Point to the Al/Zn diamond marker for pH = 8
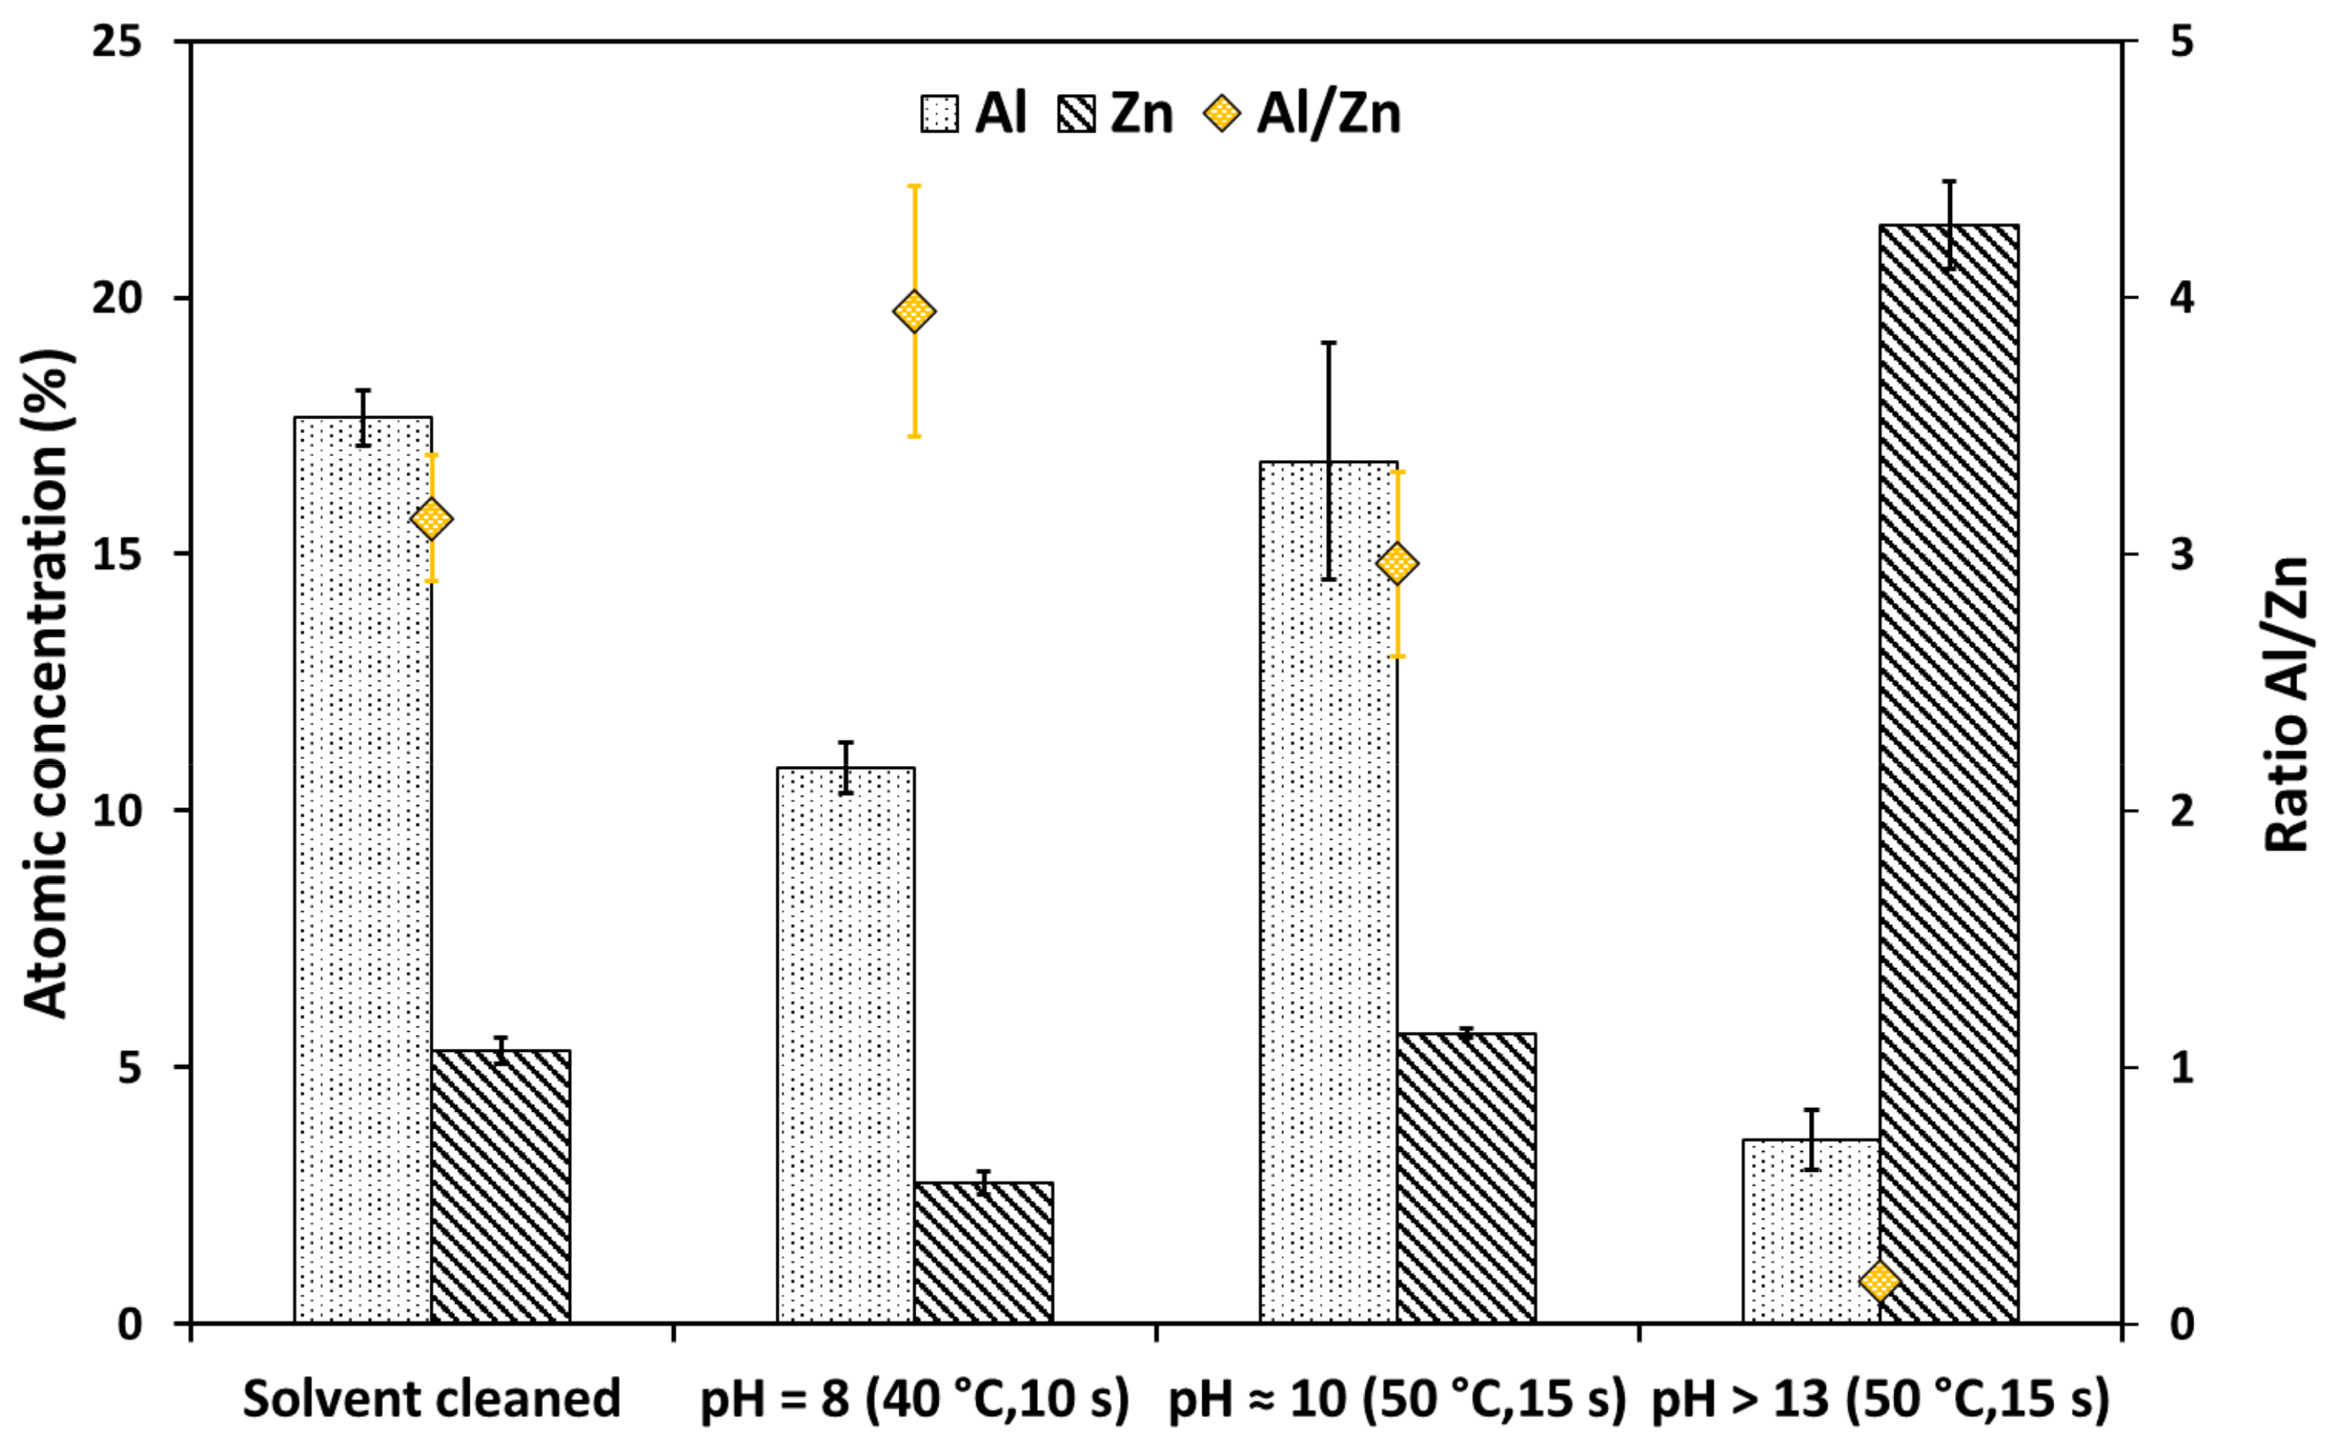pyautogui.click(x=913, y=312)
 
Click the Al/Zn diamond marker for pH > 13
pyautogui.click(x=1879, y=1281)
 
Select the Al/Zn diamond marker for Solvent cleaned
pyautogui.click(x=431, y=519)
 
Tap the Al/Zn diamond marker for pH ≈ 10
pyautogui.click(x=1396, y=564)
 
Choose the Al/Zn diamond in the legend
pyautogui.click(x=1222, y=114)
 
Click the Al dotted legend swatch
pyautogui.click(x=939, y=114)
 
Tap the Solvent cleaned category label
pyautogui.click(x=431, y=1398)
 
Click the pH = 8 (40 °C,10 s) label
pyautogui.click(x=913, y=1398)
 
